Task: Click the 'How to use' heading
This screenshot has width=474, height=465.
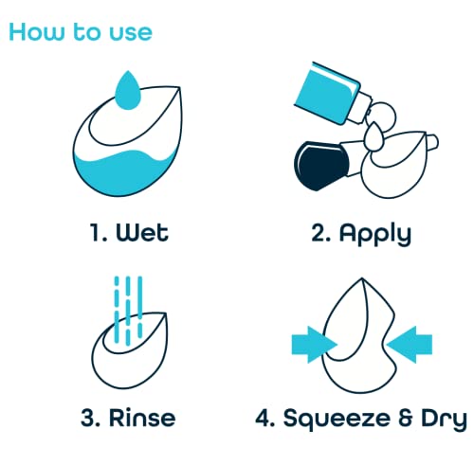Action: tap(81, 32)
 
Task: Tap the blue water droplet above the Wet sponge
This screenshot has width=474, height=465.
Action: tap(128, 90)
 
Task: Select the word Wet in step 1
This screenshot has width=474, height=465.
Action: tap(142, 233)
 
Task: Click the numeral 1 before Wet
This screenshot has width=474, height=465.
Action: tap(95, 233)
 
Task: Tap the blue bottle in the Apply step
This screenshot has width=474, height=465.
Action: tap(327, 92)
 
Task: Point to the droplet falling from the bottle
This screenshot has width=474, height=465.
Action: tap(374, 136)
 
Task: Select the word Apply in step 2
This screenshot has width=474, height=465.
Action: tap(375, 234)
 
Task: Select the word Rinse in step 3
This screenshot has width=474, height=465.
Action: tap(142, 418)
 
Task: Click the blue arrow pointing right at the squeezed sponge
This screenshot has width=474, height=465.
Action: tap(314, 345)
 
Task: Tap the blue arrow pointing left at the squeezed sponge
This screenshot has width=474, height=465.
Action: tap(410, 345)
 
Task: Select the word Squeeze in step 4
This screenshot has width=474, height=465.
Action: tap(337, 419)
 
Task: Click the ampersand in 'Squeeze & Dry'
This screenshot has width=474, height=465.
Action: tap(406, 418)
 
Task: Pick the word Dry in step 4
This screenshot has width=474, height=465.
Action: tap(444, 419)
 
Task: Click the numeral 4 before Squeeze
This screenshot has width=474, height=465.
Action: tap(263, 418)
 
